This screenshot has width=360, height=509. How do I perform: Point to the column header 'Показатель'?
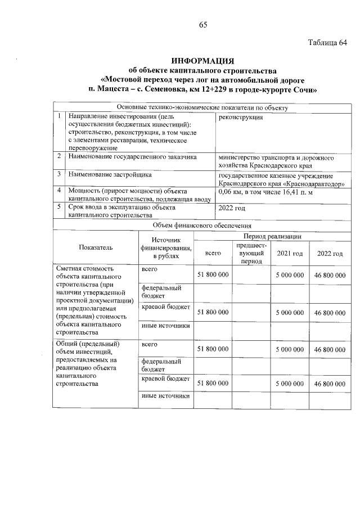[x=96, y=247]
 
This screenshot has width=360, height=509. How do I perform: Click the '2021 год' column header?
[x=290, y=254]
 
